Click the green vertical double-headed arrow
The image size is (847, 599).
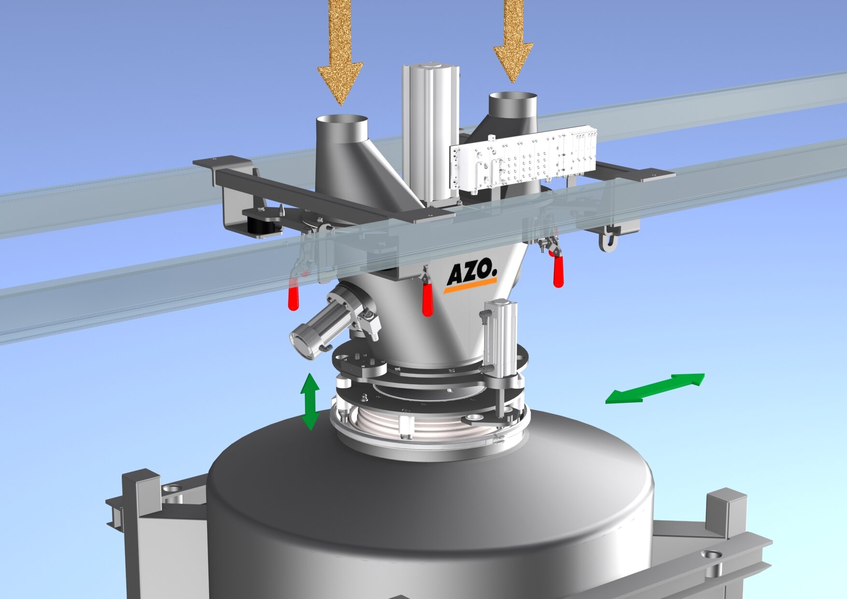pos(310,401)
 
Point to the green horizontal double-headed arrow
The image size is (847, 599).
pos(655,387)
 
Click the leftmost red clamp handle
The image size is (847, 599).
pos(293,298)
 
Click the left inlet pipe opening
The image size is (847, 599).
pos(342,121)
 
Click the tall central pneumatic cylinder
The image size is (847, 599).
pos(431,130)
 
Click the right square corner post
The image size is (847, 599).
pos(727,512)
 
